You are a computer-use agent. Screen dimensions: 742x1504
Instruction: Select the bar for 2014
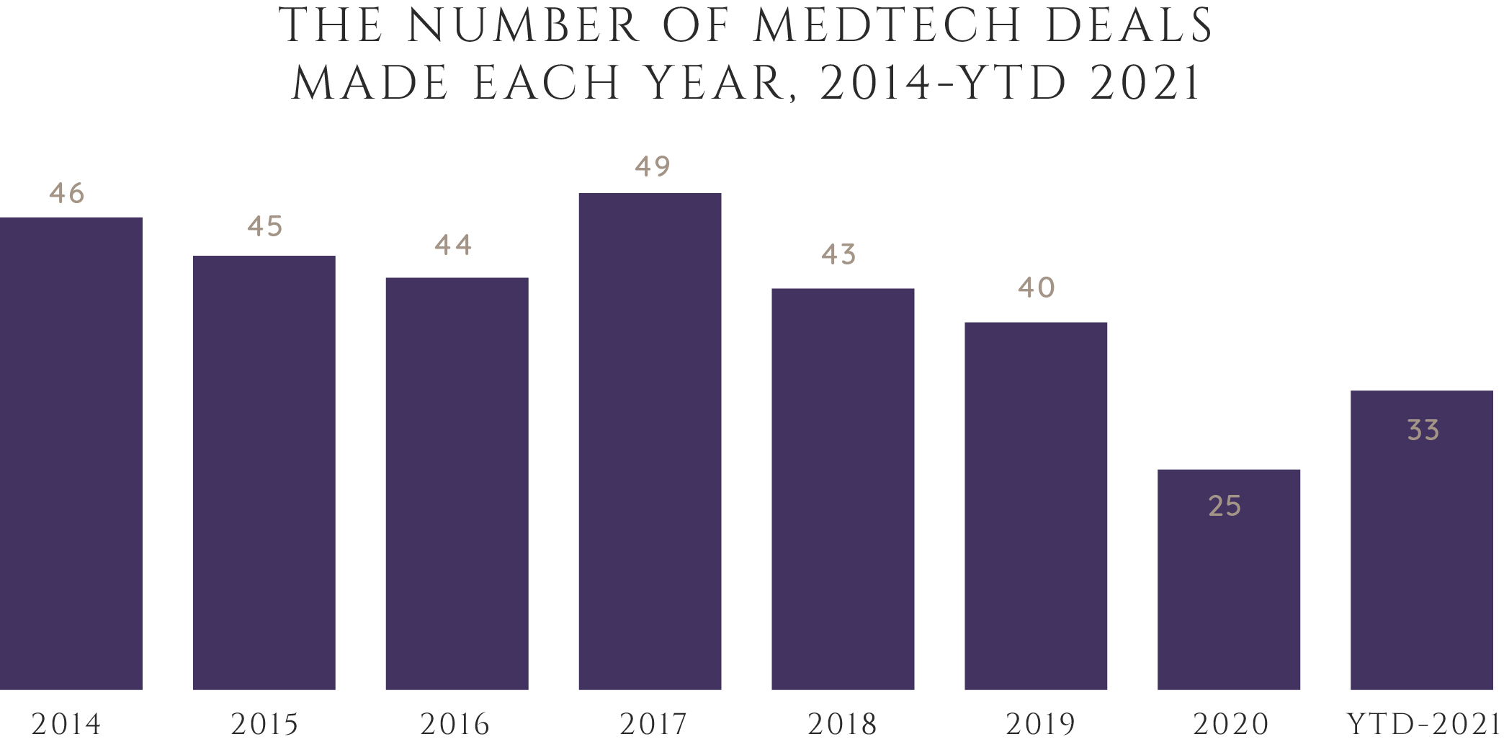tap(71, 454)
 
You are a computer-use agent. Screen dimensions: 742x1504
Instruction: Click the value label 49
tap(653, 166)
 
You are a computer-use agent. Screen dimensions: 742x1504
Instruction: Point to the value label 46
tap(67, 193)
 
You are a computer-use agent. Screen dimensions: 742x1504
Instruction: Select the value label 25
tap(1225, 506)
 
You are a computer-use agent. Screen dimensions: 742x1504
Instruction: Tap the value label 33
tap(1423, 430)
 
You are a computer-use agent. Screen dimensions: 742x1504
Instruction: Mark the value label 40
tap(1037, 287)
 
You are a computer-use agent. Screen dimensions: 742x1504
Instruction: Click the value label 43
tap(839, 254)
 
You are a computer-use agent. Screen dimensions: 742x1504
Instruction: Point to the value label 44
tap(453, 245)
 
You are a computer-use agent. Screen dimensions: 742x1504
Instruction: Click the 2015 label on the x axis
tap(264, 724)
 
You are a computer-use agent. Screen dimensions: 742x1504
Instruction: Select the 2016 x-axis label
tap(455, 724)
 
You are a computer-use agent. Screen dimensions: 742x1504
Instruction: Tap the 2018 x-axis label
tap(842, 724)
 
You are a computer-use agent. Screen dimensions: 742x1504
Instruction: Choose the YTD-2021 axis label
tap(1423, 724)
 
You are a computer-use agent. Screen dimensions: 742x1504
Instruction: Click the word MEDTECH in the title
tap(887, 26)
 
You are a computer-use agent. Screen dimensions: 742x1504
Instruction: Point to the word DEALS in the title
tap(1130, 26)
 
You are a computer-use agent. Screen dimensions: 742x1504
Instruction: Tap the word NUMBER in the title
tap(524, 26)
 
